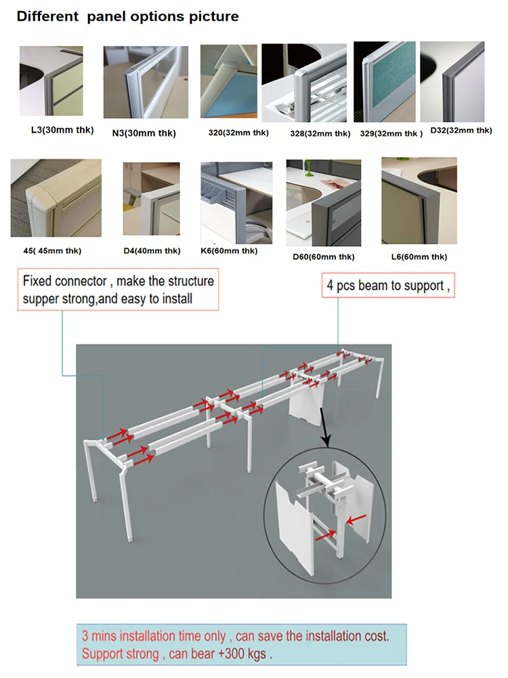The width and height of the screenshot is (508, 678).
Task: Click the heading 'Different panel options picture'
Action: coord(127,16)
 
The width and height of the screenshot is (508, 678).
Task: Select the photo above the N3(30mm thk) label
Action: coord(145,82)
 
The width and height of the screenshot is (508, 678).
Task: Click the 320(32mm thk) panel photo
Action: coord(228,81)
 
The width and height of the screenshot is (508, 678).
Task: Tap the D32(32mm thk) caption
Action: coord(461,130)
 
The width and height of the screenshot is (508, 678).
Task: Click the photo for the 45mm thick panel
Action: coord(56,198)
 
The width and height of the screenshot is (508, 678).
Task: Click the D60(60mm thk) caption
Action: coord(323,256)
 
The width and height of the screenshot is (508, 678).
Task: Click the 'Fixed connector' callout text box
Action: coord(118,290)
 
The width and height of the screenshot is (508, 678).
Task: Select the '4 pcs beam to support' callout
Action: coord(388,285)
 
